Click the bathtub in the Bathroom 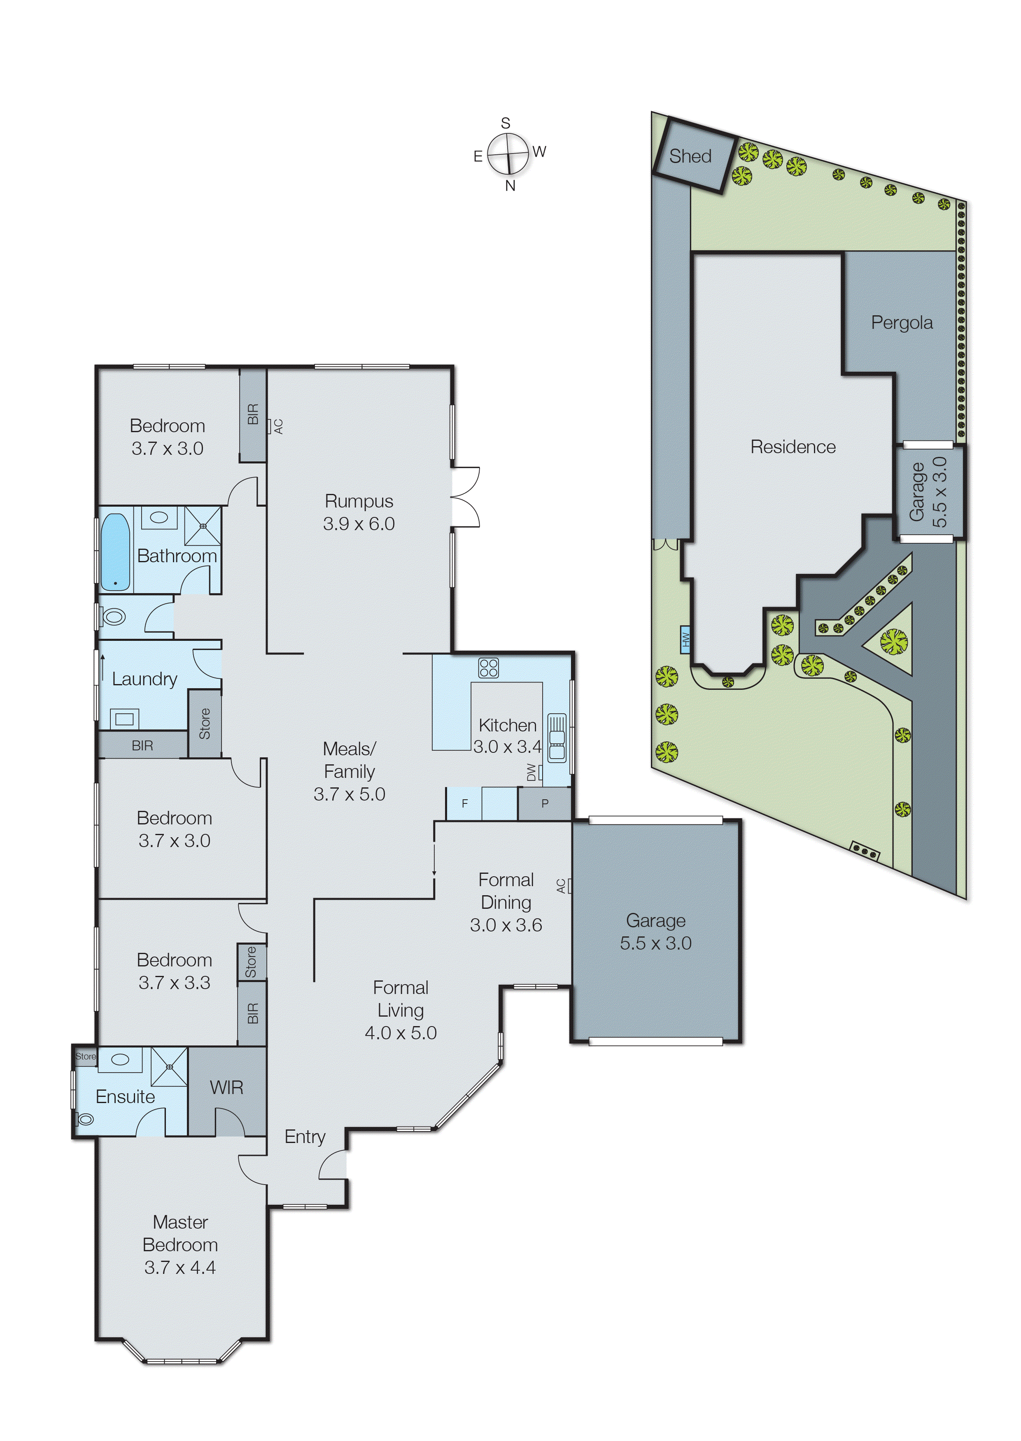pyautogui.click(x=115, y=552)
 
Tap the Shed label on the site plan pyautogui.click(x=690, y=156)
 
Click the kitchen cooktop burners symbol pyautogui.click(x=489, y=667)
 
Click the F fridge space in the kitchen pyautogui.click(x=465, y=804)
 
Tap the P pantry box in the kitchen pyautogui.click(x=544, y=804)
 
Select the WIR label pyautogui.click(x=226, y=1088)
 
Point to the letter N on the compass pyautogui.click(x=510, y=186)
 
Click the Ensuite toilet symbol pyautogui.click(x=84, y=1119)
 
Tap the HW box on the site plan pyautogui.click(x=685, y=640)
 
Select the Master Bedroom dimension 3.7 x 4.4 pyautogui.click(x=180, y=1268)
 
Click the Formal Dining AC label pyautogui.click(x=561, y=886)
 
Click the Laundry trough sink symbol pyautogui.click(x=124, y=718)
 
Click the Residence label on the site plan pyautogui.click(x=793, y=447)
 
